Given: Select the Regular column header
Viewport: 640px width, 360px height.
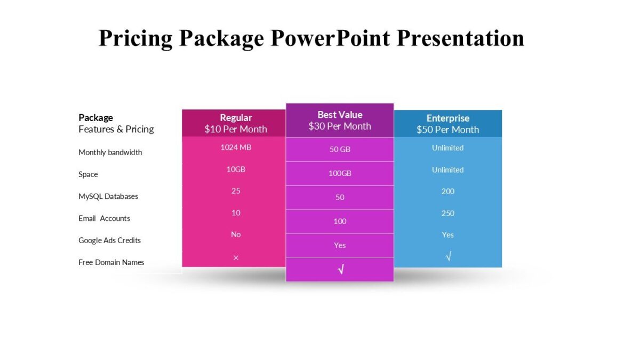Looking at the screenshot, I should click(236, 118).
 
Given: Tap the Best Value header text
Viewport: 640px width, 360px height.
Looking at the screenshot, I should click(340, 115).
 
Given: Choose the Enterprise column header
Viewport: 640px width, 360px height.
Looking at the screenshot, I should click(447, 118).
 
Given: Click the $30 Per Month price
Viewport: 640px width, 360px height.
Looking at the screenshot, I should click(340, 126).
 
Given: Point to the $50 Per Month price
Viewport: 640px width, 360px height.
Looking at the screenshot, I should click(447, 130).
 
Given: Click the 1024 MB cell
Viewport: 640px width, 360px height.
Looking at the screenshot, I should click(236, 147).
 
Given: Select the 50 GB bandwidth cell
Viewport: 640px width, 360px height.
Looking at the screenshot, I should click(340, 149).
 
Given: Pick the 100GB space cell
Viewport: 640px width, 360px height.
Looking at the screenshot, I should click(340, 173).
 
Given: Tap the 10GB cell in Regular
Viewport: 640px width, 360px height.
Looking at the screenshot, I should click(236, 169).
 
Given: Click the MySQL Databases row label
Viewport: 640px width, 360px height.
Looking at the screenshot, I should click(108, 196).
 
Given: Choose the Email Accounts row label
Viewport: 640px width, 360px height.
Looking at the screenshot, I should click(105, 218).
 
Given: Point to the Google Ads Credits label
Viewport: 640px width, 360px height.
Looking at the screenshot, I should click(109, 240).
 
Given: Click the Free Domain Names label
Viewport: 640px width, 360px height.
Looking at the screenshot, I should click(111, 262).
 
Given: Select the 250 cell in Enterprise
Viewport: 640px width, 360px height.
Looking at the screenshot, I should click(447, 213).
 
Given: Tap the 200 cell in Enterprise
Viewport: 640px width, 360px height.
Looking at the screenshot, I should click(447, 191).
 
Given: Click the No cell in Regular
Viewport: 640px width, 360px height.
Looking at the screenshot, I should click(236, 235).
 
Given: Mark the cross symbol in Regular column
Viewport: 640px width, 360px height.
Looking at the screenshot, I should click(236, 258).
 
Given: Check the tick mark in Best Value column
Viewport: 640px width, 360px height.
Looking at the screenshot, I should click(340, 270).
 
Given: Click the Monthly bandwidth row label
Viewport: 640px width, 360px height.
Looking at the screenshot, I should click(110, 153).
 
